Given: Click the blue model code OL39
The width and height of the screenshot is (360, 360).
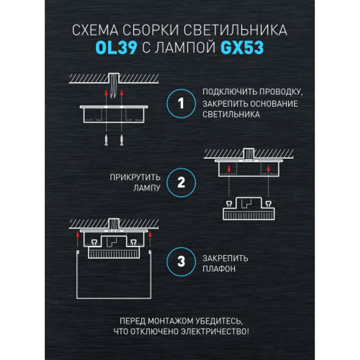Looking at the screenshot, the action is click(116, 48).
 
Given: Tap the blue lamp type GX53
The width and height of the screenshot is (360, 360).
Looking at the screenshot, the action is click(242, 48).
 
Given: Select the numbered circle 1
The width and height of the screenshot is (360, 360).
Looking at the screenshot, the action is click(181, 104).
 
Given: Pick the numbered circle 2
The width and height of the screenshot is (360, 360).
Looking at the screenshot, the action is click(181, 183).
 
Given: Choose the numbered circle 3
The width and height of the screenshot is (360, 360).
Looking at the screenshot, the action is click(181, 261).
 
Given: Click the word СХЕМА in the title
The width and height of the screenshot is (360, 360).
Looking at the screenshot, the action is click(95, 30).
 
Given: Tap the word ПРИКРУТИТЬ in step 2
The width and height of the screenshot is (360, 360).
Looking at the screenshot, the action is click(135, 177).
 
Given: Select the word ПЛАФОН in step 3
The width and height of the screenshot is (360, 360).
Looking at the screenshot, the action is click(219, 269).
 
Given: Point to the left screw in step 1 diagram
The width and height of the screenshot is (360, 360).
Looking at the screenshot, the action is click(106, 140).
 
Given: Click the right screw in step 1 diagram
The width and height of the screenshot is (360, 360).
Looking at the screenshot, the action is click(121, 140).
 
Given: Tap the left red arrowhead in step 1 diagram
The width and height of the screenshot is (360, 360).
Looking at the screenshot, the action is click(106, 93).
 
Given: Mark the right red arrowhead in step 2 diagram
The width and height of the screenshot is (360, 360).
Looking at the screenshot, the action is click(269, 168).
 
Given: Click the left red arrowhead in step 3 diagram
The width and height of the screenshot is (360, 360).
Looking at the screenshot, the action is click(78, 234).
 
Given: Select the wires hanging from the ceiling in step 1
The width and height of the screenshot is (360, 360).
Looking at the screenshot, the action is click(113, 86).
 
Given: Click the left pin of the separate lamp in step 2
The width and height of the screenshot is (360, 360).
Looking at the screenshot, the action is click(229, 203).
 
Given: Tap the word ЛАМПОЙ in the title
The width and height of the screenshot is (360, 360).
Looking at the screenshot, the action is click(179, 48).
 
